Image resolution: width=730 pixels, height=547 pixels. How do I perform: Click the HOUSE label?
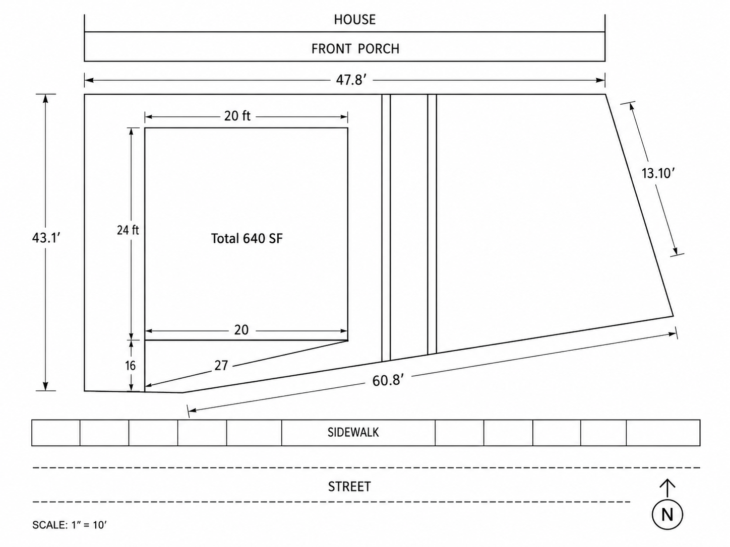(x=355, y=20)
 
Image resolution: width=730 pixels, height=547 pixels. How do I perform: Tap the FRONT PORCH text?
(x=355, y=49)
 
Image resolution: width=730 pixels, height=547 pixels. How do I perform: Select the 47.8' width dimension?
(x=351, y=80)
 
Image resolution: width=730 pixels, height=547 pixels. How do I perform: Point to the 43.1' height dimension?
(x=46, y=238)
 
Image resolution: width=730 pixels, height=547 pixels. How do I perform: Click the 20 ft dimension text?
(x=237, y=116)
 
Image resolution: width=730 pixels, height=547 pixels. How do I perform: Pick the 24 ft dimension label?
(x=128, y=230)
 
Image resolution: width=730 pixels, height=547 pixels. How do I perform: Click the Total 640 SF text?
(x=247, y=238)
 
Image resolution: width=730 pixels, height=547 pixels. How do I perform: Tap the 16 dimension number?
(x=131, y=366)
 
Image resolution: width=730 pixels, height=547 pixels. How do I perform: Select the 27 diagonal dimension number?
(x=221, y=365)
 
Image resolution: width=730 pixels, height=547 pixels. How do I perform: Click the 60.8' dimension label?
(x=388, y=380)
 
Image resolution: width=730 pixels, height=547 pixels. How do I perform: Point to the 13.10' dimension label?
(x=658, y=173)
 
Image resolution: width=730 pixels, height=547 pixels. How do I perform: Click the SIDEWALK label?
(x=353, y=433)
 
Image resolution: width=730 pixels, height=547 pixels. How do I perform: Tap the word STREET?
(x=349, y=487)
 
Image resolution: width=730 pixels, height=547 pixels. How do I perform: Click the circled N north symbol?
(x=667, y=515)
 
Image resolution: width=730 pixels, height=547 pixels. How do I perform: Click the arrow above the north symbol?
(x=667, y=488)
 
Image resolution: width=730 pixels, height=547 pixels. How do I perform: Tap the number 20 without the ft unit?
(x=241, y=330)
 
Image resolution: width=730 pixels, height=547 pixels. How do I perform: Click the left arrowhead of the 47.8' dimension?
(x=89, y=80)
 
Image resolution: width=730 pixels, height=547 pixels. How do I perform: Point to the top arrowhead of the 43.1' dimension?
(x=45, y=99)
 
